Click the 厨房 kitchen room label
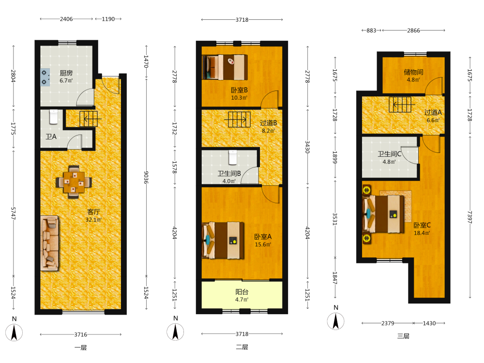66,73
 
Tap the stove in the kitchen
45,77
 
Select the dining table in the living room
74,182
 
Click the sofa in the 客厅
49,243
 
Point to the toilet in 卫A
54,117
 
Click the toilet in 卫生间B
233,157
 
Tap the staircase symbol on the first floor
89,119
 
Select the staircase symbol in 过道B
239,120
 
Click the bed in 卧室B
225,67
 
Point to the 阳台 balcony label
242,292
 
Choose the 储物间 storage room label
414,72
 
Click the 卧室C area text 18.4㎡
422,233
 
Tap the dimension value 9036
146,177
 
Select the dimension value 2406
66,19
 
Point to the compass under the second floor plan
175,332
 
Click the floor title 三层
404,336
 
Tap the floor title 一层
80,348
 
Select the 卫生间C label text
390,154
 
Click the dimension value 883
371,30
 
